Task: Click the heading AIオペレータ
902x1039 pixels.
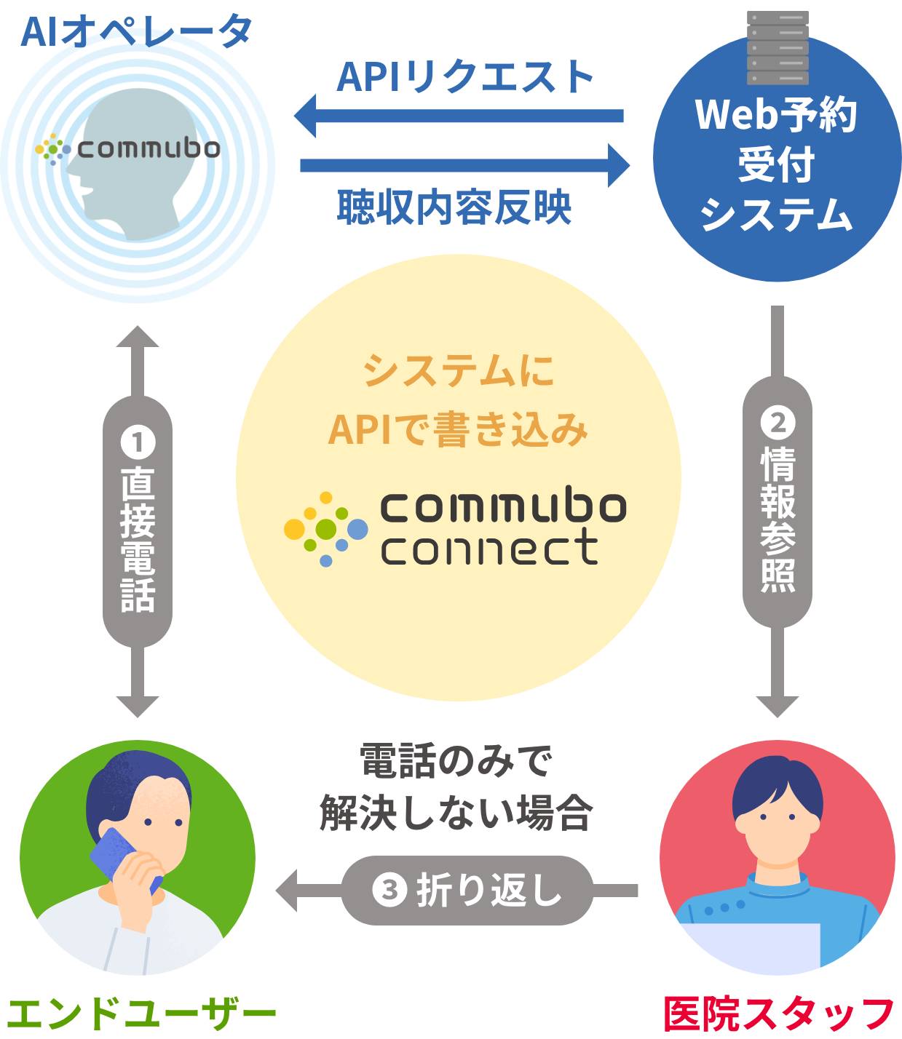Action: [x=137, y=31]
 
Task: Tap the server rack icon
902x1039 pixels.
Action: [x=778, y=47]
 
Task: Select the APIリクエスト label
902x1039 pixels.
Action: [x=466, y=77]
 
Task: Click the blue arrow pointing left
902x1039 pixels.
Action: [x=459, y=116]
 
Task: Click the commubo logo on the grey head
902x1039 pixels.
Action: [x=127, y=149]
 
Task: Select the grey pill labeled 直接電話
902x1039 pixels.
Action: [x=138, y=521]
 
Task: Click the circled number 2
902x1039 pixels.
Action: [x=778, y=423]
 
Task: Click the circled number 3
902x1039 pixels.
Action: [x=389, y=890]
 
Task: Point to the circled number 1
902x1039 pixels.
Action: [x=138, y=442]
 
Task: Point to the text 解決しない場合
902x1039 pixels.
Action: [x=456, y=813]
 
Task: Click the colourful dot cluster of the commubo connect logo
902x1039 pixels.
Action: [x=325, y=529]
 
